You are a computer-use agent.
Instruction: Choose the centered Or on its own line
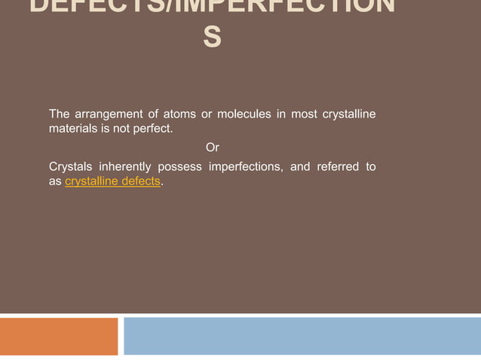point(213,148)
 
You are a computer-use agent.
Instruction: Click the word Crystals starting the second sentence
point(70,166)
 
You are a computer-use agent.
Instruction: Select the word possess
point(179,166)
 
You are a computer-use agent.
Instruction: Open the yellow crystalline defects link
point(112,182)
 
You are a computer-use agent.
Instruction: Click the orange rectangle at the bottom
point(59,336)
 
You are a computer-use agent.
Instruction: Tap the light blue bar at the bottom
point(302,336)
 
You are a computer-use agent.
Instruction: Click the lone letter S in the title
point(213,36)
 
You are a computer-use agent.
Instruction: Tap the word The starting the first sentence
point(60,114)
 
